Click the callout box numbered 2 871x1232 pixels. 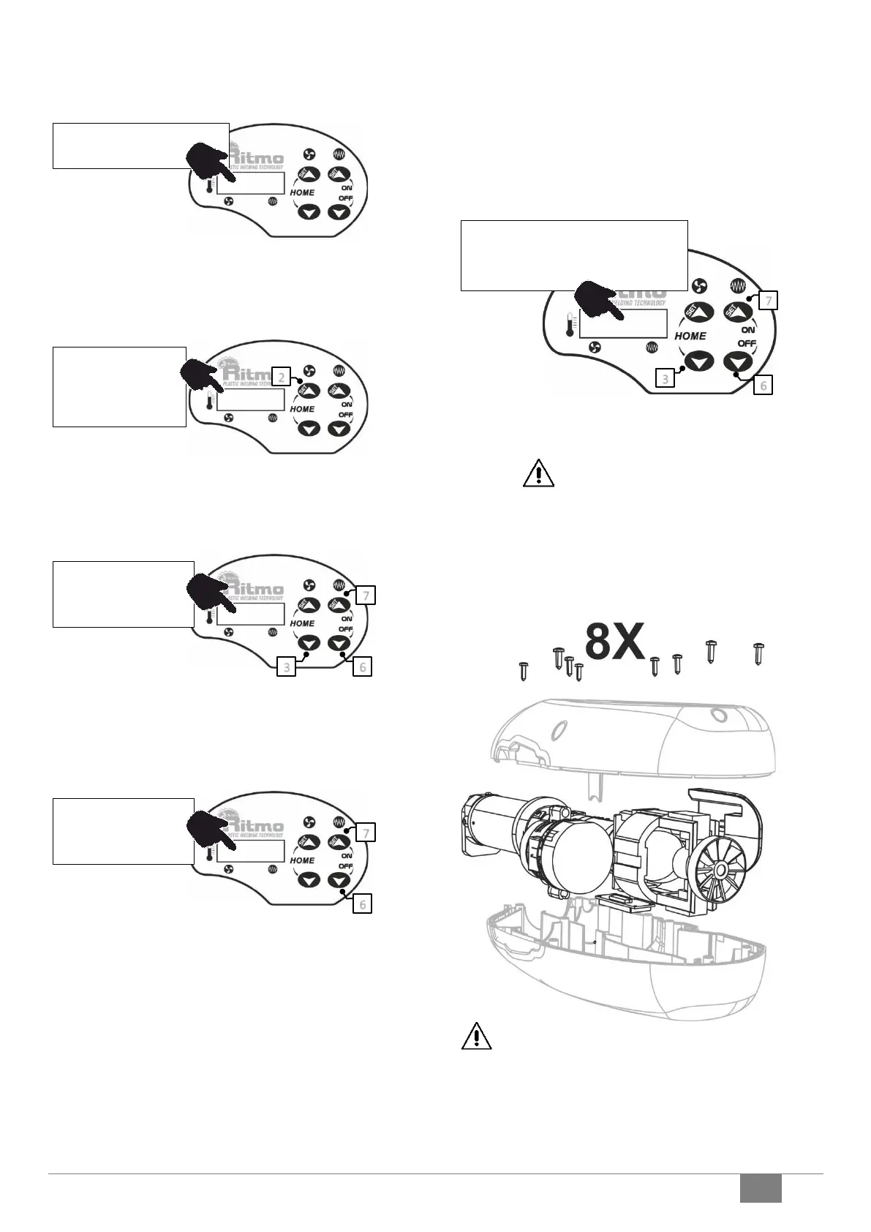[282, 377]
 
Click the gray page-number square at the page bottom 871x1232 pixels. [760, 1187]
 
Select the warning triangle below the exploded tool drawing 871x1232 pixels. [476, 1036]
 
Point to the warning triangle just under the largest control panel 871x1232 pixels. [538, 473]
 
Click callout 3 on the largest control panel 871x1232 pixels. [665, 378]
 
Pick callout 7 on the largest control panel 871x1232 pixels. [768, 300]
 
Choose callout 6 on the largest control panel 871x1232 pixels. [763, 384]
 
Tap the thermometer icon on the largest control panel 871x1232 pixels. [569, 324]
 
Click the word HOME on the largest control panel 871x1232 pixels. [690, 336]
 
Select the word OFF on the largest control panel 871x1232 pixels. [746, 344]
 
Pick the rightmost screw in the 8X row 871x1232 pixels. [758, 653]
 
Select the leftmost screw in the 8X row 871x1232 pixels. [523, 669]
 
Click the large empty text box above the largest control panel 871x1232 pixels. [574, 255]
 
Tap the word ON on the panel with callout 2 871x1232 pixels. [346, 405]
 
